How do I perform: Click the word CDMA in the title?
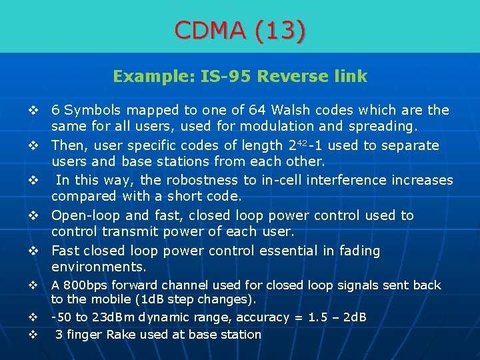coord(211,29)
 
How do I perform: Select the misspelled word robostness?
coord(206,180)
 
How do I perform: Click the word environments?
coord(99,267)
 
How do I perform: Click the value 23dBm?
coord(114,317)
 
